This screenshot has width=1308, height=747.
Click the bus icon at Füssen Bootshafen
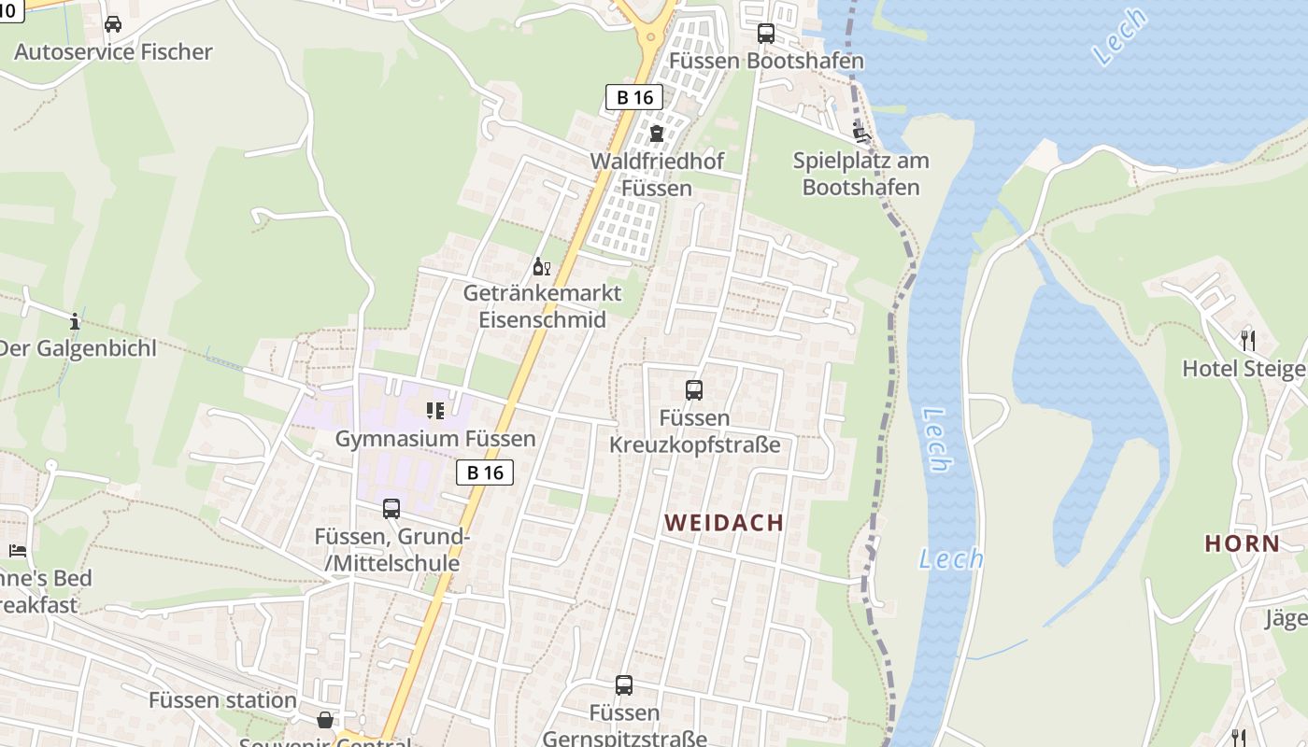[766, 34]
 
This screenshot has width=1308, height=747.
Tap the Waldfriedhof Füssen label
[656, 175]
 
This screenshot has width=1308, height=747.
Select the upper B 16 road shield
[634, 97]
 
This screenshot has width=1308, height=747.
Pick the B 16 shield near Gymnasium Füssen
[485, 472]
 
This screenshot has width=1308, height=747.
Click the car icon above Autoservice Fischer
[113, 24]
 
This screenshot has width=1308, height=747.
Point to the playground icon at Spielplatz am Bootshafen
[861, 133]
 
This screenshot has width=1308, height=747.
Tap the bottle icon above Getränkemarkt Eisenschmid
[542, 267]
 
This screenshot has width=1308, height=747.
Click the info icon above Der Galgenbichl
[75, 322]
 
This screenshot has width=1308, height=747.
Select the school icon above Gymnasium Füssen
[434, 411]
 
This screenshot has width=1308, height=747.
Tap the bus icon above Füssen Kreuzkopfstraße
[694, 390]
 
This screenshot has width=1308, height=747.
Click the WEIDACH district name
[724, 523]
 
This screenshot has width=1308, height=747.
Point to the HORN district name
[1242, 543]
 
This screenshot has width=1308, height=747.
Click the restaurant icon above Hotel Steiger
[1247, 340]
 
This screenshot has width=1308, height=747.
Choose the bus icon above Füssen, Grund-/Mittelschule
[391, 509]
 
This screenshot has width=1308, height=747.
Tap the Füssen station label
[222, 700]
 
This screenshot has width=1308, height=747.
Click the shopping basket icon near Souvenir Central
[324, 720]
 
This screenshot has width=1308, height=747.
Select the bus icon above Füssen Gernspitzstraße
[624, 685]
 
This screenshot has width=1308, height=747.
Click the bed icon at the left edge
[17, 550]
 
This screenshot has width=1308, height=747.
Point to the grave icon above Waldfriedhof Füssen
[656, 133]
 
